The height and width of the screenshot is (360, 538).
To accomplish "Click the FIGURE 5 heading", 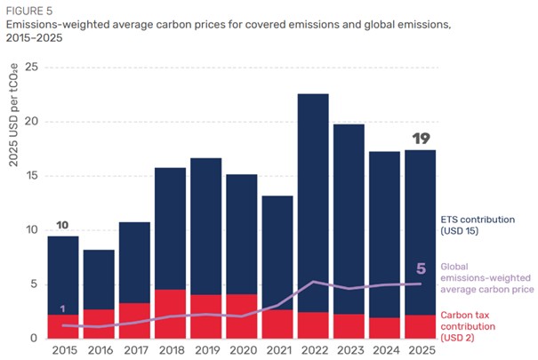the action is [29, 11].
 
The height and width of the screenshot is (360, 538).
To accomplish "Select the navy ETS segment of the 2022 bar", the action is [313, 203].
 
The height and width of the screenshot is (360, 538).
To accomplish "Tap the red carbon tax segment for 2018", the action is [170, 314].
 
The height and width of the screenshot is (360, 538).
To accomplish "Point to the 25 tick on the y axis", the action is [31, 68].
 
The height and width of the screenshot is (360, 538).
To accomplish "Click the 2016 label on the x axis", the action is [100, 350].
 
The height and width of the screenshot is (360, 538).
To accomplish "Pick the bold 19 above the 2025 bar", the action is [421, 139].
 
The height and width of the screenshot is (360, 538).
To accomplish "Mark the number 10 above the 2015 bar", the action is [62, 225].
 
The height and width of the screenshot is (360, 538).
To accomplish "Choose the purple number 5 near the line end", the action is [421, 268].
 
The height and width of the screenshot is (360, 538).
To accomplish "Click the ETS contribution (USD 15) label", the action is [478, 225].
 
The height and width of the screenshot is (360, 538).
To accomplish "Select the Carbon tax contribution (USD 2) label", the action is [468, 326].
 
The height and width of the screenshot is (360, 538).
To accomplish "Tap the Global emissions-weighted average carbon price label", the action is [487, 277].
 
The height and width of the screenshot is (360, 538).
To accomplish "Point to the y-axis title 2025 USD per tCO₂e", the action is [13, 116].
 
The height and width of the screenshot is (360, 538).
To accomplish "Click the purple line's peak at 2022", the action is [313, 282].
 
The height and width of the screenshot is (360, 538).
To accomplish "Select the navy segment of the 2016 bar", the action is [99, 280].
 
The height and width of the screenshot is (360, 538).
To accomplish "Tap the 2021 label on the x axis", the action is [279, 350].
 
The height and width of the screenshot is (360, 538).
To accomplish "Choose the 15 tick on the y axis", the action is [31, 176].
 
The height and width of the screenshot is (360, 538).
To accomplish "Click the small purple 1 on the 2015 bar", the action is [62, 309].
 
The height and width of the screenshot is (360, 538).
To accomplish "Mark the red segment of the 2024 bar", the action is [385, 328].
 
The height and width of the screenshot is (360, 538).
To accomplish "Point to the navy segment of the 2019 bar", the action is [206, 227].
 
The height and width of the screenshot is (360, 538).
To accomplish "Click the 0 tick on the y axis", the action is [34, 338].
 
